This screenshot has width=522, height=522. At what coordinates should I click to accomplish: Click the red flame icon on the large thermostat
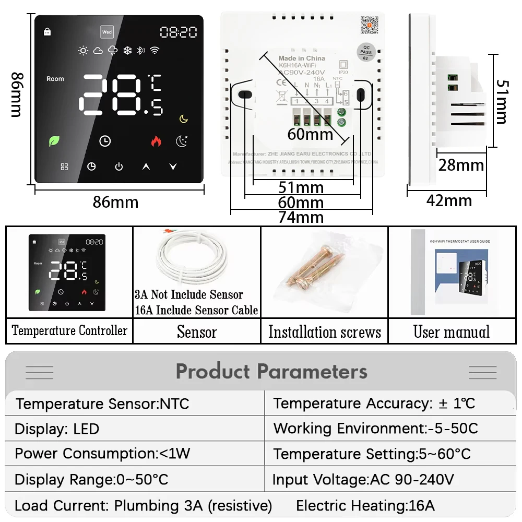click(x=156, y=141)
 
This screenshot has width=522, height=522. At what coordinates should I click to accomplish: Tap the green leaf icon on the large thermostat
click(x=54, y=140)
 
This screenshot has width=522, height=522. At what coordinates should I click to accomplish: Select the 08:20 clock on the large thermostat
click(x=179, y=32)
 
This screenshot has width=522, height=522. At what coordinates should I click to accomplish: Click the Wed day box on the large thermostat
click(x=107, y=32)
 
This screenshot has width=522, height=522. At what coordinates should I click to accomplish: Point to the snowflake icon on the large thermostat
click(x=126, y=51)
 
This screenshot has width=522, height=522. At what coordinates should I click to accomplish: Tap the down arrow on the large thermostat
click(x=173, y=167)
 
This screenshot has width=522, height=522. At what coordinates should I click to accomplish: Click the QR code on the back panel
click(x=369, y=25)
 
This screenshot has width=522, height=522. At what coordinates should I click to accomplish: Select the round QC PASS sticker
click(x=365, y=53)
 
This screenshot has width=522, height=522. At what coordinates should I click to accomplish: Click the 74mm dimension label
click(x=301, y=217)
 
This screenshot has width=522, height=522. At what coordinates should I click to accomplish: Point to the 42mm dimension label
click(x=449, y=200)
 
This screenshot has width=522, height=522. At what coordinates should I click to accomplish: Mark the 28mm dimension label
click(x=461, y=165)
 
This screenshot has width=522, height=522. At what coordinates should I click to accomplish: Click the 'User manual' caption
click(x=452, y=332)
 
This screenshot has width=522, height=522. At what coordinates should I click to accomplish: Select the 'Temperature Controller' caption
click(x=69, y=330)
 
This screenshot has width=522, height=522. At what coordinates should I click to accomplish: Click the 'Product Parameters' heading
click(x=271, y=371)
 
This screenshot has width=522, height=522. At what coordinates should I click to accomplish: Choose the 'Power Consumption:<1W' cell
click(x=102, y=453)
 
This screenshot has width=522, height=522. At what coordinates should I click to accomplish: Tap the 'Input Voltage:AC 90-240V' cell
click(x=363, y=479)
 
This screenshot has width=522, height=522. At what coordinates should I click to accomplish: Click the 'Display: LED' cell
click(x=57, y=429)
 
